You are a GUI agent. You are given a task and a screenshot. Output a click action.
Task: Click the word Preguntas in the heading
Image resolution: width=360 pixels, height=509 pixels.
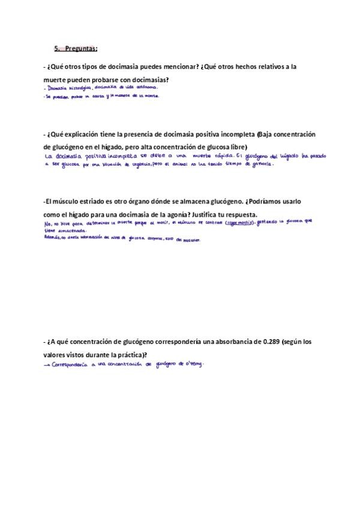[82, 49]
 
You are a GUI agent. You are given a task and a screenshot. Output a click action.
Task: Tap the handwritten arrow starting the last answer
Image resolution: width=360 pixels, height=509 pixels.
[47, 365]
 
